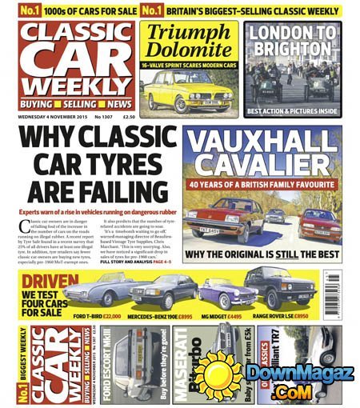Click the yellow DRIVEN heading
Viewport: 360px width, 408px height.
pyautogui.click(x=50, y=282)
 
